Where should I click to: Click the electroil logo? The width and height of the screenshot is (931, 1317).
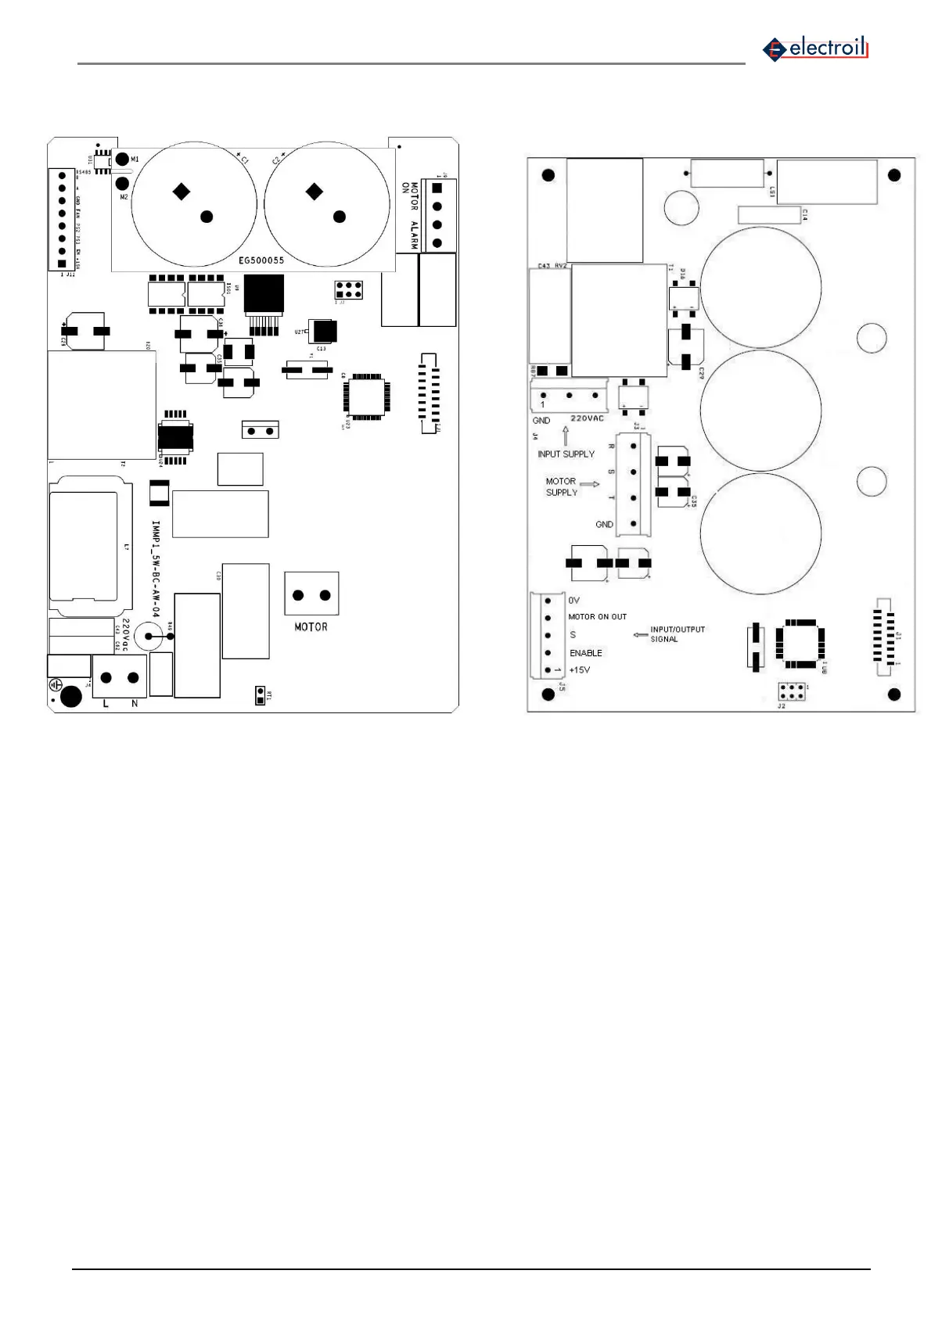coord(816,48)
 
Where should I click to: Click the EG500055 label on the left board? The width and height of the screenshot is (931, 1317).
coord(261,260)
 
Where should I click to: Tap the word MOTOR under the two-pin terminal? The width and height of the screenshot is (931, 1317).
coord(311,627)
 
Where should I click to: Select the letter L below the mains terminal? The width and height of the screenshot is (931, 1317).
coord(106,704)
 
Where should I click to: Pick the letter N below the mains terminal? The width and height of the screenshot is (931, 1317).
coord(135,704)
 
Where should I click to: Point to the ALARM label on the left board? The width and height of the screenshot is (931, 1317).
coord(414,235)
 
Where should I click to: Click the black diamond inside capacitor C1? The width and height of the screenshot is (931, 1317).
coord(182,191)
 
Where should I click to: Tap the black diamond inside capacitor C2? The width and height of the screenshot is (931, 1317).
coord(315,191)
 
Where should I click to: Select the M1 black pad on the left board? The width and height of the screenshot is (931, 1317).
coord(122,160)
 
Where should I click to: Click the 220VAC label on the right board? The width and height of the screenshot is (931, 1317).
coord(587,418)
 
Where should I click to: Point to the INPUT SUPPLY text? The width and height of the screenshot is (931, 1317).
coord(566,454)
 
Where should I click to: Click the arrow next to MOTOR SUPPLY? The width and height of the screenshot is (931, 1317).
coord(590,484)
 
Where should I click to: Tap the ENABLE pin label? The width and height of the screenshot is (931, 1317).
coord(586,653)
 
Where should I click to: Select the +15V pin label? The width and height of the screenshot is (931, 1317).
coord(580,670)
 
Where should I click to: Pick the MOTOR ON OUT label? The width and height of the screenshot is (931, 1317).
coord(597,617)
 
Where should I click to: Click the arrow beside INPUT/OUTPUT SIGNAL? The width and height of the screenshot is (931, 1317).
coord(639,634)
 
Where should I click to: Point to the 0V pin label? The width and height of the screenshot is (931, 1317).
coord(574,601)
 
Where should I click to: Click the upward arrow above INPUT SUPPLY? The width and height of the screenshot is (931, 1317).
coord(566,436)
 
